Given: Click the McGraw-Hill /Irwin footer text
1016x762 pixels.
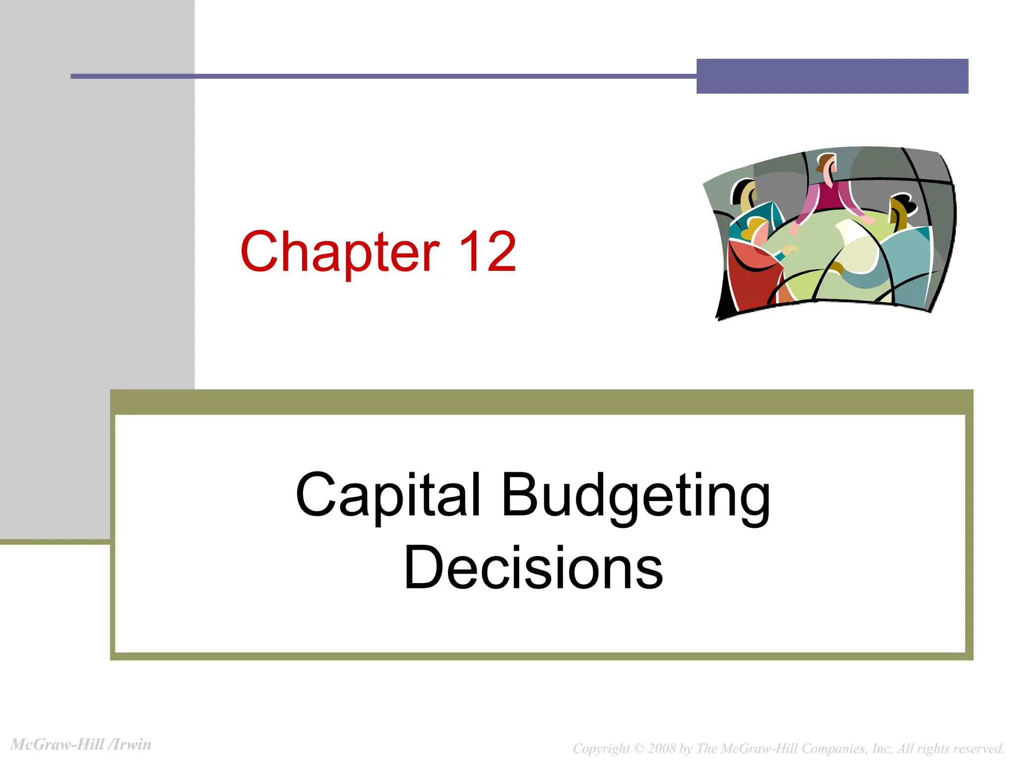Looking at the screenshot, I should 81,745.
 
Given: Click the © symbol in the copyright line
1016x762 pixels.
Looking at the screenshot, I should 639,749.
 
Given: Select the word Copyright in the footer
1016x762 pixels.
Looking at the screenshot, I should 601,749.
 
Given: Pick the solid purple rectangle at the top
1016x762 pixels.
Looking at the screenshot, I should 832,76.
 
